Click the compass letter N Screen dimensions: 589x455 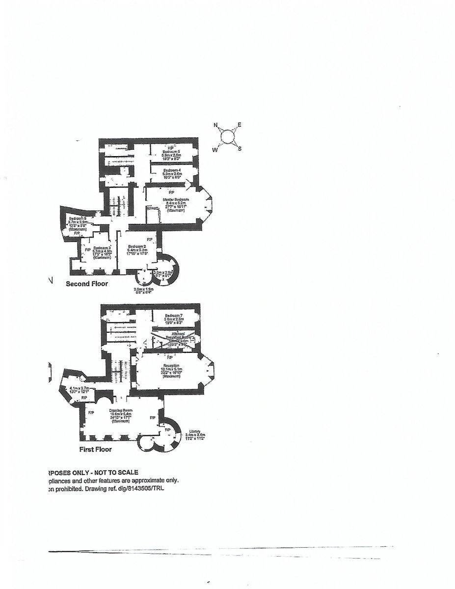coord(215,125)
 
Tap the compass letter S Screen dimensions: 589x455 coord(240,149)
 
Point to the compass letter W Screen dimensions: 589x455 coord(215,150)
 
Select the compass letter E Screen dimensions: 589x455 coord(240,125)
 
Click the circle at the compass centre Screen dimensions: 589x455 coord(228,137)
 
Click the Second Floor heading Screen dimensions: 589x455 coord(87,284)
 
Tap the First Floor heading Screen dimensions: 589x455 coord(96,449)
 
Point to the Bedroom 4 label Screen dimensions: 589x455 coord(173,169)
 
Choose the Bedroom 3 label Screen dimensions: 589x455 coord(102,248)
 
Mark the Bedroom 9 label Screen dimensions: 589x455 coord(78,218)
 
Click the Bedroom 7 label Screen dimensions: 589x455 coord(174,315)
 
